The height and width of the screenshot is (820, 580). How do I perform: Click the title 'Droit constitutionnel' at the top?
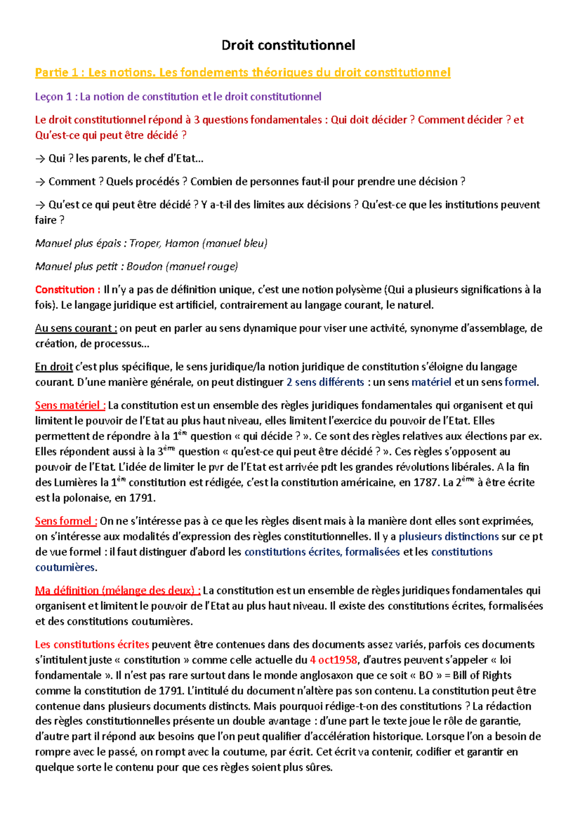(288, 45)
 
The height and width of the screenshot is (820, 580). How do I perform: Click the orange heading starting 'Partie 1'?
(242, 72)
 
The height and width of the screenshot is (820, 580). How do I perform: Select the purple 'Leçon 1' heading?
(178, 97)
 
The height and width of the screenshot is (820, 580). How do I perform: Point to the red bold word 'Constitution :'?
(68, 290)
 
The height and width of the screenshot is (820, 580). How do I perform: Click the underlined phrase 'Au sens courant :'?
(76, 328)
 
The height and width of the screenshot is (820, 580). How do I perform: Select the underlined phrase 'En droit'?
(54, 367)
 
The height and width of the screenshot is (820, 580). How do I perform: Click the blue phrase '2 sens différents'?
(325, 382)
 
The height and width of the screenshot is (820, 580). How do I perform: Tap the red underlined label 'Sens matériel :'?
(70, 406)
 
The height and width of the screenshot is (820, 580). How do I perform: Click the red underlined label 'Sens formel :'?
(66, 522)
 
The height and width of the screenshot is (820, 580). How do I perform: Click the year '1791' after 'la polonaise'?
(141, 498)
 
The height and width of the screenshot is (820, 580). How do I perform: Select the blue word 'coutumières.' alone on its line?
(66, 567)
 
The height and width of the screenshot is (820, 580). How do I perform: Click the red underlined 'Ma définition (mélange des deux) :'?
(117, 591)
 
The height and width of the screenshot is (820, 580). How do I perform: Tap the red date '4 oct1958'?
(333, 660)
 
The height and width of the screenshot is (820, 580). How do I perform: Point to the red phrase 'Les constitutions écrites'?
(92, 645)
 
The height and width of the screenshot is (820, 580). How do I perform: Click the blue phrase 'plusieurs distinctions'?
(449, 537)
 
